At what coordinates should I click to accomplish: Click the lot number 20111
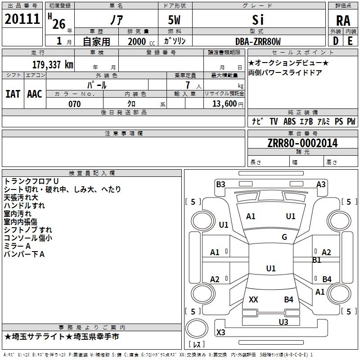pos(22,19)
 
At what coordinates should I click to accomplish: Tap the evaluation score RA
pos(343,21)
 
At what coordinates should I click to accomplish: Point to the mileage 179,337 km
pos(53,64)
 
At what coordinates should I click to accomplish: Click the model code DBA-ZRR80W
pos(258,42)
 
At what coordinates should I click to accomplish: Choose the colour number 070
pos(75,104)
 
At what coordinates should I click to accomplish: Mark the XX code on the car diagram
pos(253,299)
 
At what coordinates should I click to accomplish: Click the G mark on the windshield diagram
pos(284,237)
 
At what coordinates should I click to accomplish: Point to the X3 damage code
pos(221,332)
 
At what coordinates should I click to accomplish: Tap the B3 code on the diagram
pos(220,184)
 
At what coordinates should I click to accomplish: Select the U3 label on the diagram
pos(283,322)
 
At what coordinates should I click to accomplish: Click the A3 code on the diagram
pos(321,184)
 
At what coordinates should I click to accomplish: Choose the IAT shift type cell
pos(13,94)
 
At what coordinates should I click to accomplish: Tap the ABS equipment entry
pos(289,121)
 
